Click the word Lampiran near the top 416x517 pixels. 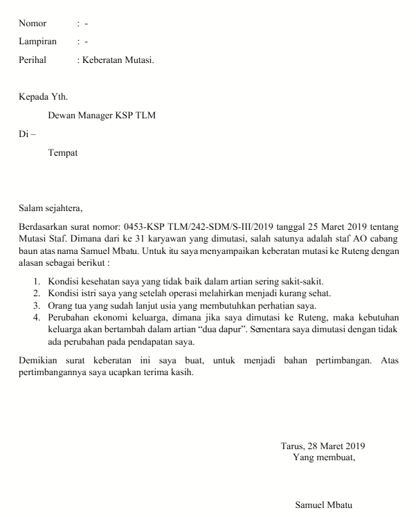[37, 42]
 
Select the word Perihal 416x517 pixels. [33, 60]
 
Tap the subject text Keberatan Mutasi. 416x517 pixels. [118, 60]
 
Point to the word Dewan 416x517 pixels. [62, 115]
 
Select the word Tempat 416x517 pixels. [62, 152]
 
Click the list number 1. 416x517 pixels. [37, 281]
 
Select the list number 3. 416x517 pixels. [37, 305]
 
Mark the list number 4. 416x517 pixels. [37, 318]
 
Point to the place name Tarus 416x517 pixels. [292, 446]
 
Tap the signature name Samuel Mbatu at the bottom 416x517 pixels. [323, 505]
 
